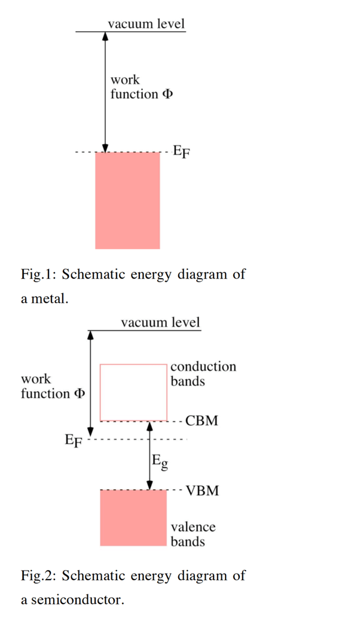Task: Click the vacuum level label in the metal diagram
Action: coord(146,24)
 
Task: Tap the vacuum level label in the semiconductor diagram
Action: coord(160,322)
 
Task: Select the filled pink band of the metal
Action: coord(127,200)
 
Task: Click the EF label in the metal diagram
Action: coord(182,151)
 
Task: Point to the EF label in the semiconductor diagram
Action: coord(74,442)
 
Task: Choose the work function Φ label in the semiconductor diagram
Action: coord(53,386)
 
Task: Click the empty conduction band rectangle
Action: coord(133,392)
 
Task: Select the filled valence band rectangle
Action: coord(133,517)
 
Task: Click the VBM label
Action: coord(202,492)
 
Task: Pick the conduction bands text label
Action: coord(203,374)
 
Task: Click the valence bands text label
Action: coord(193,534)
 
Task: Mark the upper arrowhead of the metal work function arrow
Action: coord(105,36)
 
